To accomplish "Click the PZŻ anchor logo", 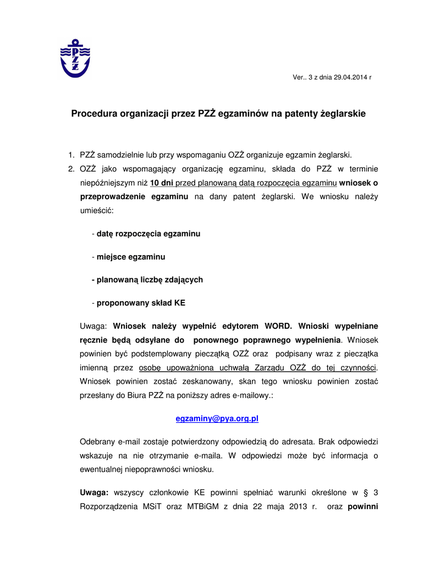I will [x=75, y=58].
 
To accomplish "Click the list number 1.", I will [x=70, y=155].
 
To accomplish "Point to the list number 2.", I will [x=70, y=168].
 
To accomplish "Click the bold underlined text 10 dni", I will [x=162, y=182].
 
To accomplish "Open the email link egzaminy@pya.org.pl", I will [x=217, y=419].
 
